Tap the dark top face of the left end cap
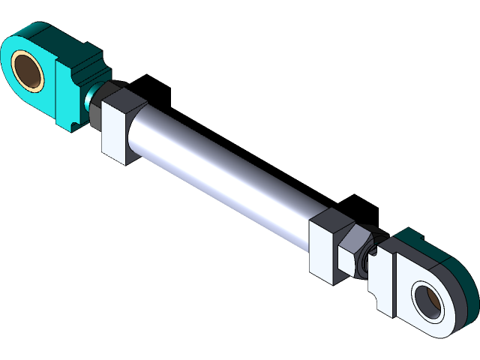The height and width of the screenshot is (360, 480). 120,98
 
